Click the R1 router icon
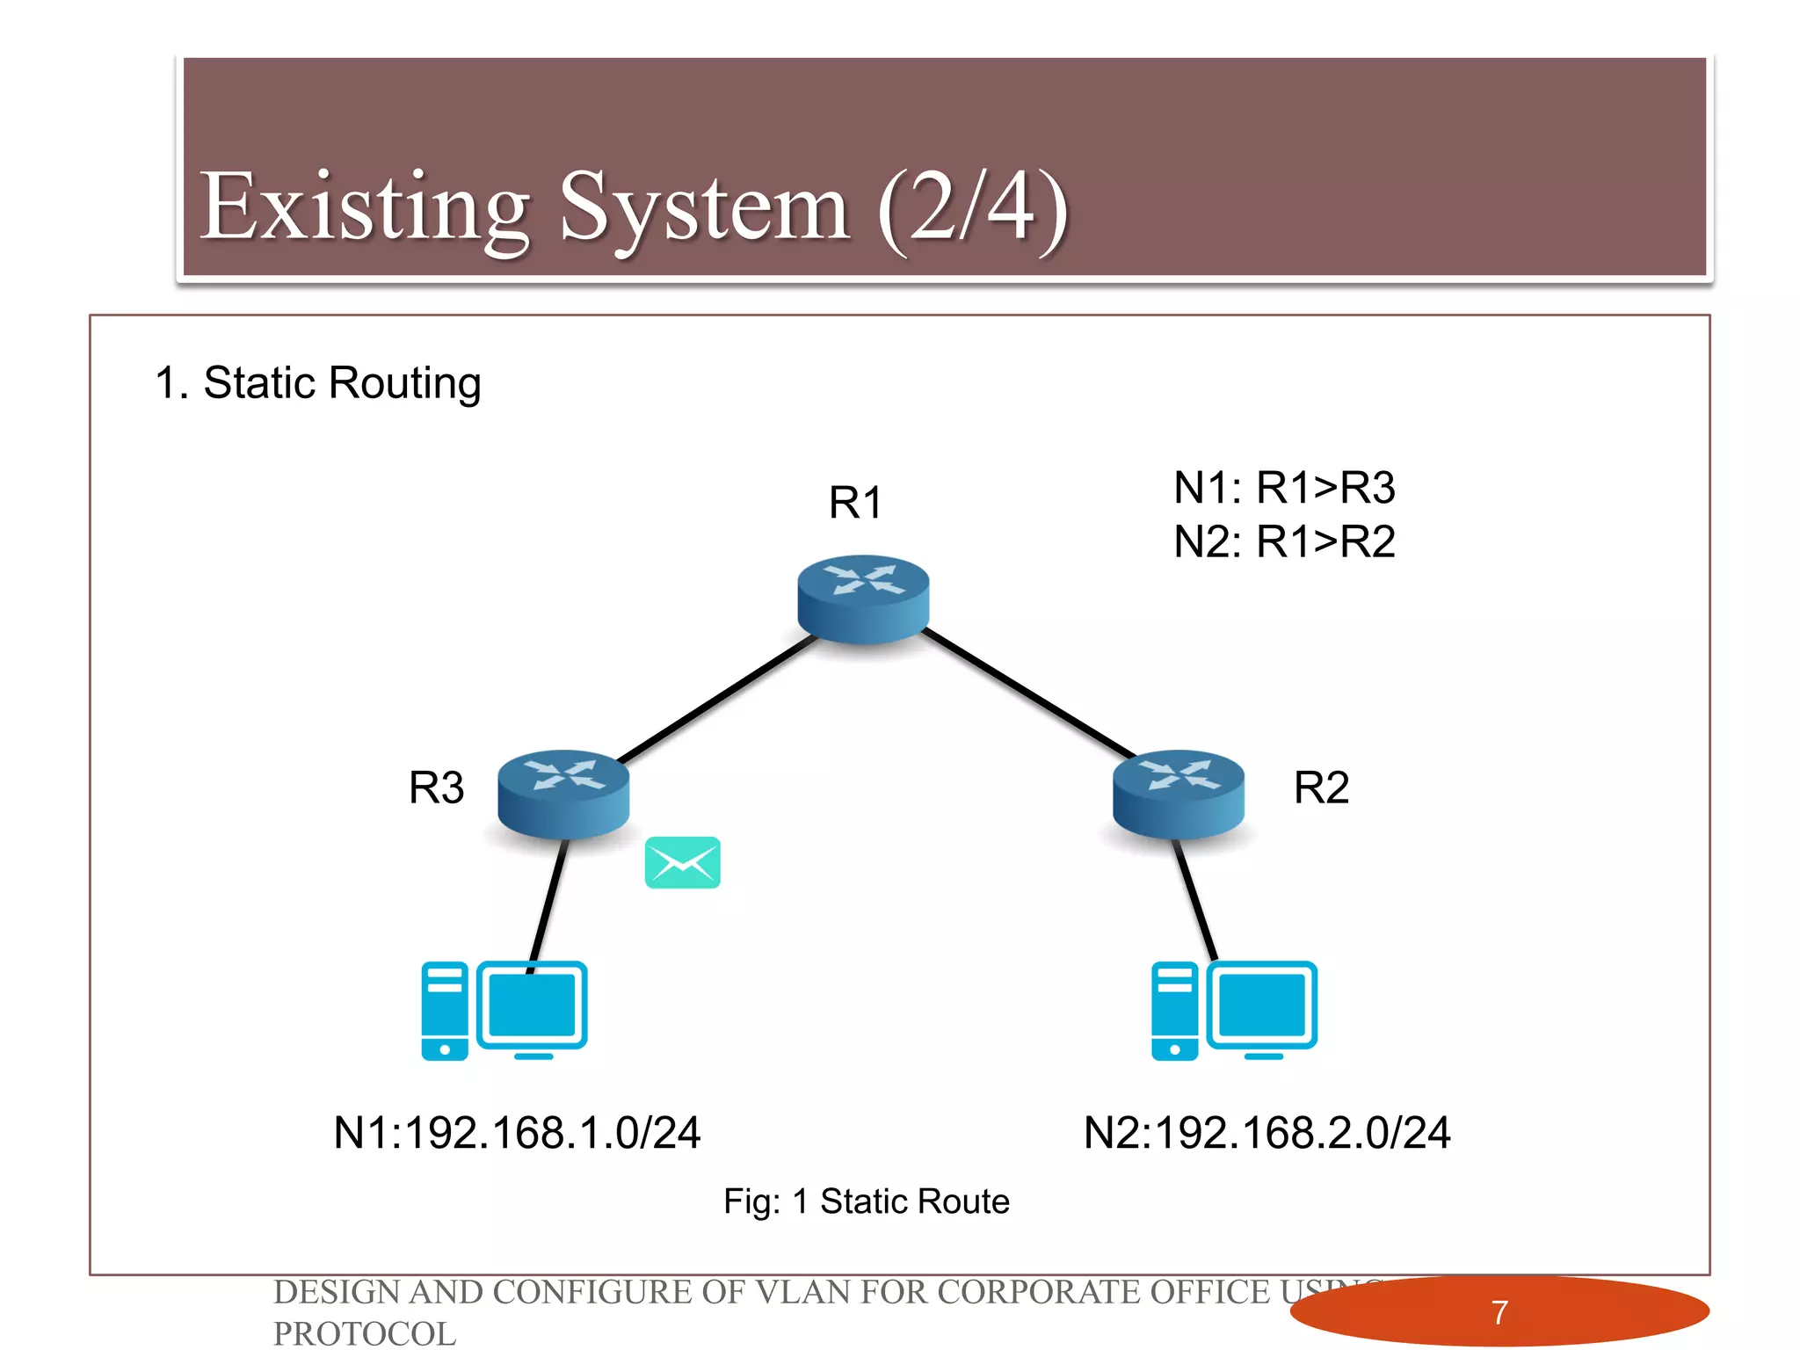click(x=863, y=598)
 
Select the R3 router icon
click(x=563, y=793)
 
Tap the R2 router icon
click(x=1178, y=793)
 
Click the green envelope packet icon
click(x=682, y=862)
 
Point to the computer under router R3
click(x=504, y=1010)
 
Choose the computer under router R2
click(x=1234, y=1010)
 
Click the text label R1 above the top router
click(x=854, y=503)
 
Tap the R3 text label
click(x=436, y=787)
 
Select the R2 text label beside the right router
click(x=1320, y=787)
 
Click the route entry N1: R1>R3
click(x=1284, y=488)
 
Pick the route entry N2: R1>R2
click(x=1284, y=541)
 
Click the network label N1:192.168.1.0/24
click(x=517, y=1132)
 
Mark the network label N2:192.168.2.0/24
click(x=1267, y=1132)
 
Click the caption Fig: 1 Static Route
click(x=866, y=1201)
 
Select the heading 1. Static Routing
click(x=318, y=383)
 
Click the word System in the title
click(x=704, y=209)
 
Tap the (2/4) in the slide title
click(x=972, y=209)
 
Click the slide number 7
click(x=1499, y=1312)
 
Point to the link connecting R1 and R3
click(x=716, y=699)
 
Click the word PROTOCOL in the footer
click(x=365, y=1333)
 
